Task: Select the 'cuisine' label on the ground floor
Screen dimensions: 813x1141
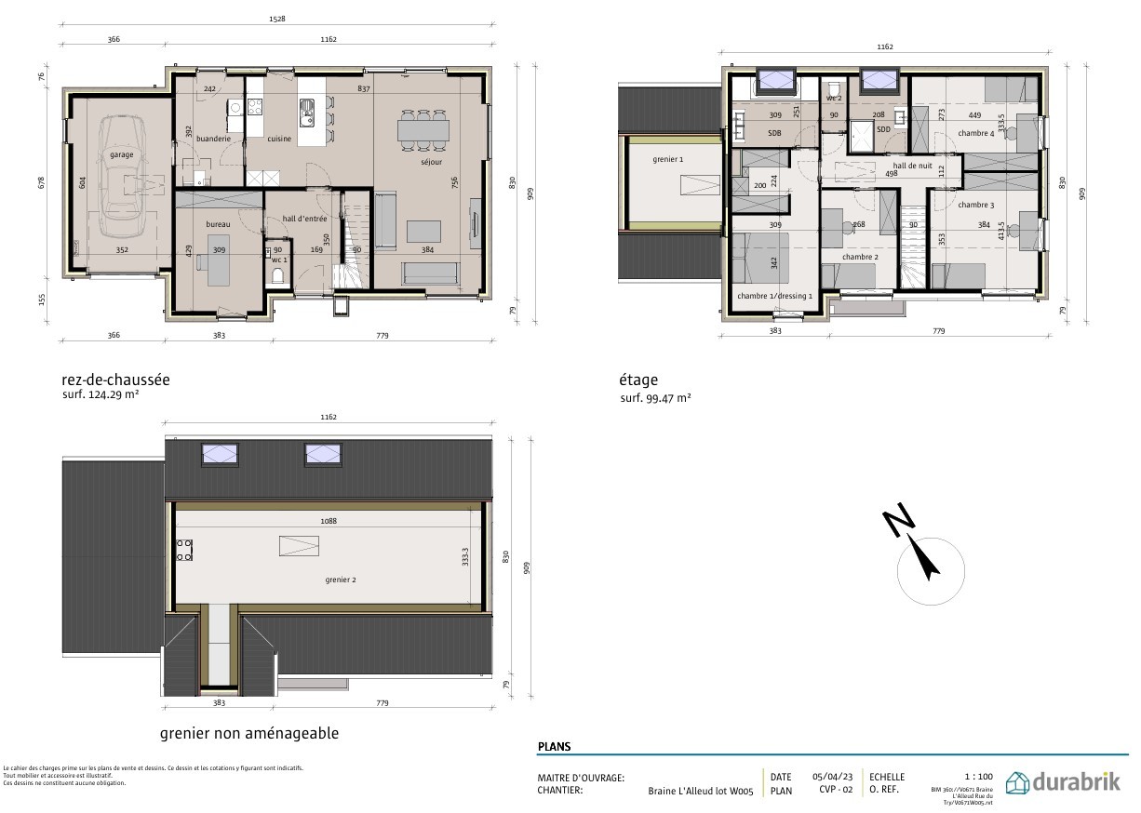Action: click(x=279, y=140)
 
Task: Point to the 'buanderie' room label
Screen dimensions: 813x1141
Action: click(x=213, y=139)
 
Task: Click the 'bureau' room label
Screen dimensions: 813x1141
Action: click(x=218, y=224)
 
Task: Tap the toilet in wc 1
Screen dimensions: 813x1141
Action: click(x=277, y=274)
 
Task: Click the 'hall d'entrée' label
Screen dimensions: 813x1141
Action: click(x=305, y=219)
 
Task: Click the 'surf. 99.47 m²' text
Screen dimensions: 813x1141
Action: click(x=655, y=398)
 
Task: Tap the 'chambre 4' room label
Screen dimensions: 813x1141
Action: click(x=975, y=133)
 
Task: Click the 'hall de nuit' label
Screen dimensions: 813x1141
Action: click(x=912, y=165)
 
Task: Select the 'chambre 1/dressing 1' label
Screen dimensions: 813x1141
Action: click(x=774, y=296)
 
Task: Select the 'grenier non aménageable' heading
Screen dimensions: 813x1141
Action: click(x=248, y=733)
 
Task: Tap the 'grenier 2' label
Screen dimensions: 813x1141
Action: click(x=340, y=580)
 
